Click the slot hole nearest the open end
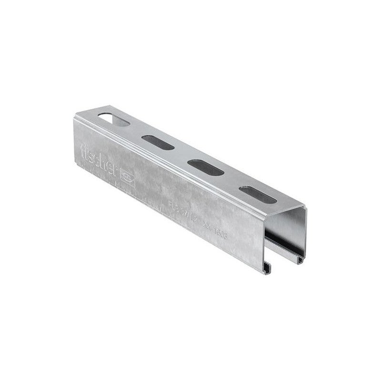click(x=257, y=192)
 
